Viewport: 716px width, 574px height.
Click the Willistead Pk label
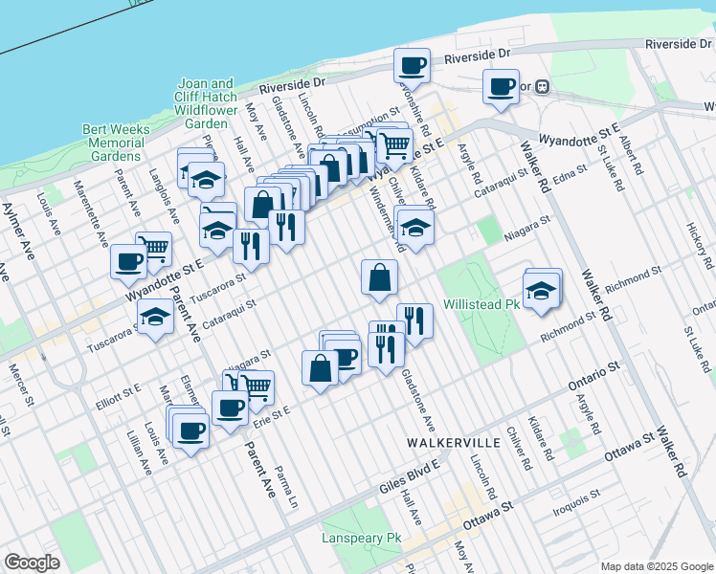pos(481,305)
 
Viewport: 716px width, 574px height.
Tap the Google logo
pos(32,563)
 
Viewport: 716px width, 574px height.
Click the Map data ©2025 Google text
pos(657,566)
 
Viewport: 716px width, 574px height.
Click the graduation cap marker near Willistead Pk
pos(542,290)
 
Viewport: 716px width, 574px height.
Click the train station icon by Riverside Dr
pos(542,85)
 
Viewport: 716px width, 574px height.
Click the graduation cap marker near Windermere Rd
pos(414,227)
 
